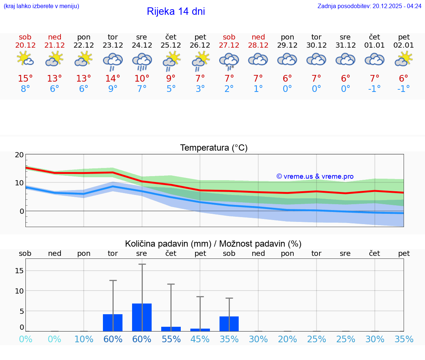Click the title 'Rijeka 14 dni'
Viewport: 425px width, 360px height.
click(176, 11)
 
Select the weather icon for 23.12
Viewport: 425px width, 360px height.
click(113, 61)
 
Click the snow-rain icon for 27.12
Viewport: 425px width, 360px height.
click(229, 61)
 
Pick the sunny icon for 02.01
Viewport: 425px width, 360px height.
click(404, 59)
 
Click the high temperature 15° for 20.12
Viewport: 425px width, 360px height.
click(25, 79)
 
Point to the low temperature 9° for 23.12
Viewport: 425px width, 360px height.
click(113, 89)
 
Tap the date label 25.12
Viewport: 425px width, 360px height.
click(171, 45)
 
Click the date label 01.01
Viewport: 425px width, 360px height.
click(374, 45)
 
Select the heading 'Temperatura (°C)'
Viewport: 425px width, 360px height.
click(214, 148)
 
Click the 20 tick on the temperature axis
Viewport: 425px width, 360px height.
click(19, 155)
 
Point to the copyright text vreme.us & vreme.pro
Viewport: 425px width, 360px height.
click(315, 176)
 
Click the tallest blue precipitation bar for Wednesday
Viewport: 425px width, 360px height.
click(142, 317)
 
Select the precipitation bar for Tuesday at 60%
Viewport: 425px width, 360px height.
click(113, 323)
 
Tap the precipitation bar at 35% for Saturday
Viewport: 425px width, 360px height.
click(229, 324)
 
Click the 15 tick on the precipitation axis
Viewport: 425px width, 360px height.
click(19, 271)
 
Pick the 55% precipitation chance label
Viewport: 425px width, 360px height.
click(171, 339)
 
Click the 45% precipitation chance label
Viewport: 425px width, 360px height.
click(200, 339)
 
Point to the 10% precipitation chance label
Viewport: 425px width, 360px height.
click(84, 339)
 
